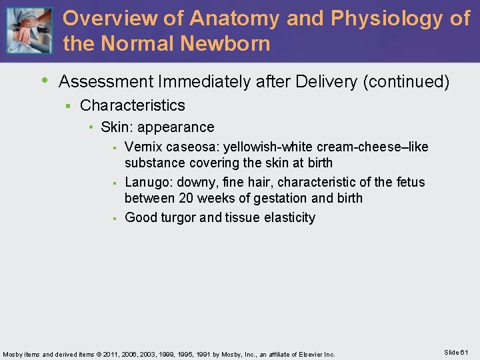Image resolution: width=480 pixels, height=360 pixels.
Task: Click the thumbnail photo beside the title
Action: click(x=29, y=31)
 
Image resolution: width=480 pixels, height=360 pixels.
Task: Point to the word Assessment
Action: click(x=107, y=82)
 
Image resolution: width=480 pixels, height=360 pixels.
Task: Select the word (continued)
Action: click(x=406, y=82)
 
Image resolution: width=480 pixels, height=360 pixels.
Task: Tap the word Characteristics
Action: click(x=133, y=105)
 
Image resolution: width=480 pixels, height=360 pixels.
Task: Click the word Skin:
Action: click(x=117, y=127)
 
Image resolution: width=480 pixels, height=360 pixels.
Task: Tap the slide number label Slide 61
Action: click(x=456, y=352)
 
